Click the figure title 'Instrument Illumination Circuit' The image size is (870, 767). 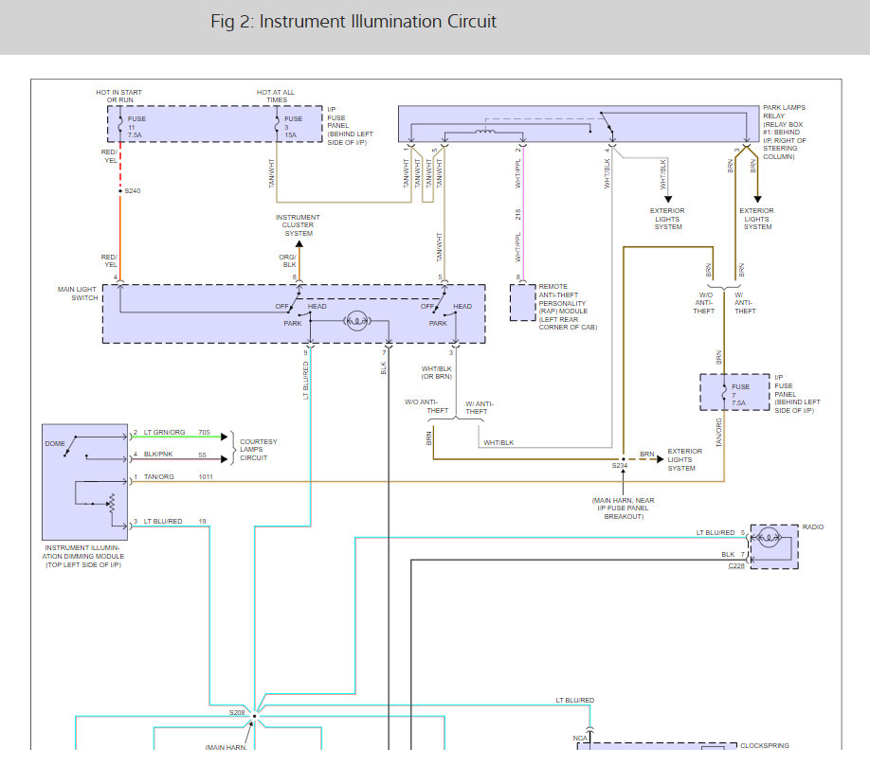point(377,22)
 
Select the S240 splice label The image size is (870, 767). point(133,191)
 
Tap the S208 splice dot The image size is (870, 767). point(255,716)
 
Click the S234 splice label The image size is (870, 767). point(620,466)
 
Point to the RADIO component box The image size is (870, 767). point(774,546)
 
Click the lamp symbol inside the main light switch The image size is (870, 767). point(357,321)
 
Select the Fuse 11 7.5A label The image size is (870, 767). point(136,127)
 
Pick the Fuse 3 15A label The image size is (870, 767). point(293,127)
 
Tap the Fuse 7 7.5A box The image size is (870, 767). point(734,392)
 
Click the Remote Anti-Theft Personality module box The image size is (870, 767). point(523,303)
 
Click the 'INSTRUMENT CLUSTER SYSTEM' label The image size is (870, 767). point(298,225)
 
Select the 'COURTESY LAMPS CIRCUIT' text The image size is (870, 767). point(258,450)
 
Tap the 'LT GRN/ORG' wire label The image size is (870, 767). point(164,433)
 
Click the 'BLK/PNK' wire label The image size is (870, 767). point(158,455)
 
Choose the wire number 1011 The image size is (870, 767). point(206,477)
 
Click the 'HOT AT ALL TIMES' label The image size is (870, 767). point(276,97)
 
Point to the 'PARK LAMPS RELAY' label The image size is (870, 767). point(784,112)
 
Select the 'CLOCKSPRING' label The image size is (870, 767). point(765,746)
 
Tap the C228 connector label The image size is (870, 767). point(736,566)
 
